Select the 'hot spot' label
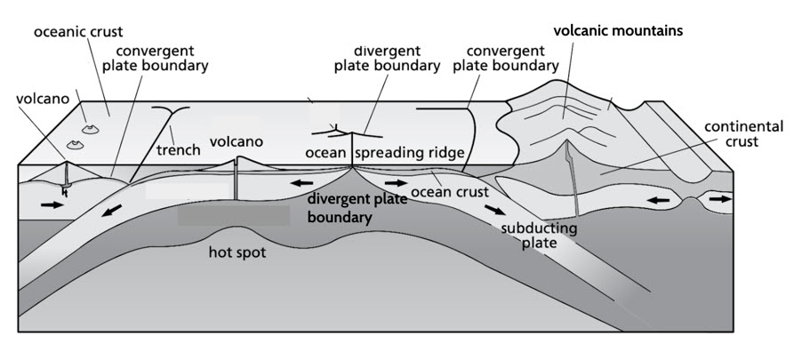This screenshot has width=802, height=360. [x=237, y=252]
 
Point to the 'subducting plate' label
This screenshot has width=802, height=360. [x=539, y=236]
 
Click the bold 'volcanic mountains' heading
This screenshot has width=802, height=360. [x=618, y=30]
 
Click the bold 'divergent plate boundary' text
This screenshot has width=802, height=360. [x=357, y=207]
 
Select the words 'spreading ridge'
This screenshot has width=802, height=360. [x=410, y=153]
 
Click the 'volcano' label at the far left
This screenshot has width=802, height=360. [x=43, y=99]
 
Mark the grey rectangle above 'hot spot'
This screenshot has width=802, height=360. [x=233, y=214]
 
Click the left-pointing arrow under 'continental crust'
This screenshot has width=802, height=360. [x=657, y=201]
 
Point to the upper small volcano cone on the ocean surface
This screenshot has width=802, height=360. [x=88, y=129]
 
